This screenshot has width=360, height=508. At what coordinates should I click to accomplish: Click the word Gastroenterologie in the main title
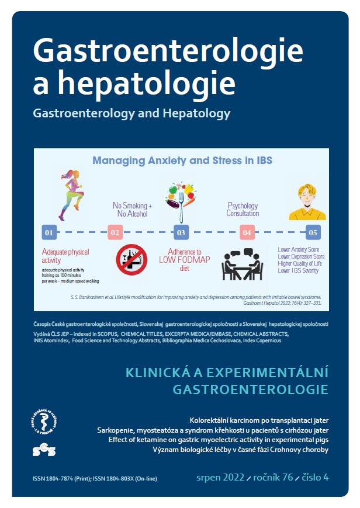point(168,51)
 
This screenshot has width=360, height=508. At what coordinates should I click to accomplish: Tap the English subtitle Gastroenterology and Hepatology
point(131,113)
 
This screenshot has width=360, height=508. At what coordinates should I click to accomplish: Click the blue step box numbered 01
point(49,232)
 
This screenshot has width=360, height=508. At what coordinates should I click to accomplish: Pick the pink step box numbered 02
point(115,232)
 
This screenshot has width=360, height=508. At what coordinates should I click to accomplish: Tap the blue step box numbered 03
point(181,232)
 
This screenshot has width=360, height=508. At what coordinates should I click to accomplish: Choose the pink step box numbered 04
point(247,232)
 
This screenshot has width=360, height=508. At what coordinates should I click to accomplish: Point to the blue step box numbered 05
point(313,232)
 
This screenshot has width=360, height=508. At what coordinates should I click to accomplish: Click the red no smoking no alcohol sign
point(131,260)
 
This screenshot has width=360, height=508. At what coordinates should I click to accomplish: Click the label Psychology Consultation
point(243,208)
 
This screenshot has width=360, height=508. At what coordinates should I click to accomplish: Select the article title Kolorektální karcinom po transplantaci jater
point(259,420)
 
